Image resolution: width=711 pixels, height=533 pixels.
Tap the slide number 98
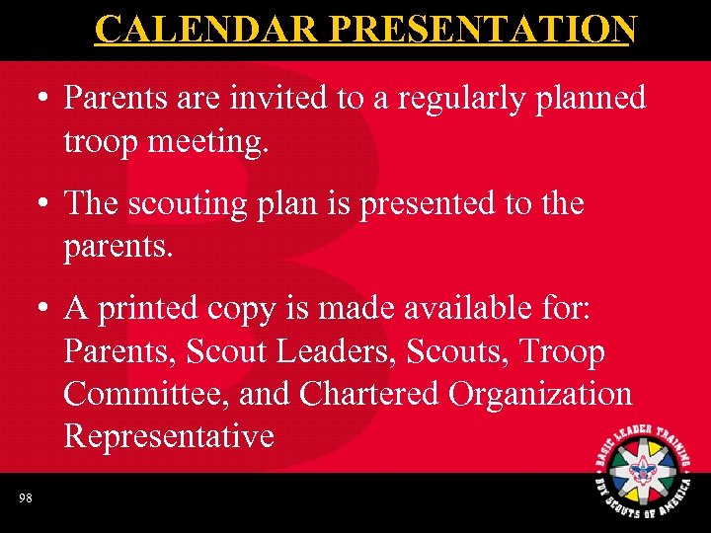[x=25, y=498]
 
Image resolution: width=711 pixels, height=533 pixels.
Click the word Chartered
[x=369, y=394]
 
